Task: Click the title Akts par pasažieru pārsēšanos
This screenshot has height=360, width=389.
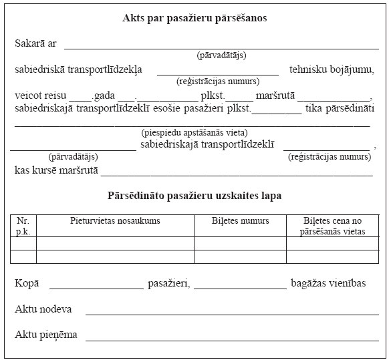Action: (194, 18)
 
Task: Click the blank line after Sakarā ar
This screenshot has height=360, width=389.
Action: (221, 47)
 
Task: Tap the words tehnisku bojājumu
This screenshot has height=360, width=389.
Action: (331, 69)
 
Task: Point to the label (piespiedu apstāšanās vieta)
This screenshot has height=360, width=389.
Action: (194, 132)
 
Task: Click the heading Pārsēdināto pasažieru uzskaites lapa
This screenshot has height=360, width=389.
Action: (194, 196)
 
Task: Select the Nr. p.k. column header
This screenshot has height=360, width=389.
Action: (23, 225)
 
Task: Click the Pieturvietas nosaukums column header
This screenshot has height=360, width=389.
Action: (115, 220)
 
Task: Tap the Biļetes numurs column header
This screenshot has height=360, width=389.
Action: (240, 220)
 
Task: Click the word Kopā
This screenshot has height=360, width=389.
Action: (27, 284)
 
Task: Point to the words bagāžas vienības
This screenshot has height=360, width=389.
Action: (328, 284)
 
